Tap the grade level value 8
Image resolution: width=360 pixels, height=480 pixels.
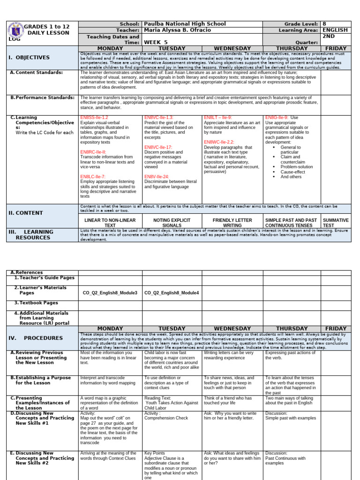[x=324, y=24]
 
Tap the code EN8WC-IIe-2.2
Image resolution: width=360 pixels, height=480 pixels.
[x=219, y=142]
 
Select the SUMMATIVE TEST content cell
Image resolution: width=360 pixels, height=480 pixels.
[x=336, y=223]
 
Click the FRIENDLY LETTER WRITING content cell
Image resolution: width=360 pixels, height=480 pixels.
[x=232, y=223]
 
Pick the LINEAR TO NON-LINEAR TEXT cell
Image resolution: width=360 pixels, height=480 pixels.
[x=110, y=223]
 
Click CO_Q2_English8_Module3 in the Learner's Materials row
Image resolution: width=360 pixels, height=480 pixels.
[x=110, y=292]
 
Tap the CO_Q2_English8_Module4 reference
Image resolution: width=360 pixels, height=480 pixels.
[x=172, y=292]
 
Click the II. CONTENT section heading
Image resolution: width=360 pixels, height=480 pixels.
[x=26, y=213]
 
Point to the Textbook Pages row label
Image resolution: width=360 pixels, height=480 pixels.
[x=39, y=303]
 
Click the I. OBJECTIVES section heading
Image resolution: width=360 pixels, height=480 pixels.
[x=29, y=58]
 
